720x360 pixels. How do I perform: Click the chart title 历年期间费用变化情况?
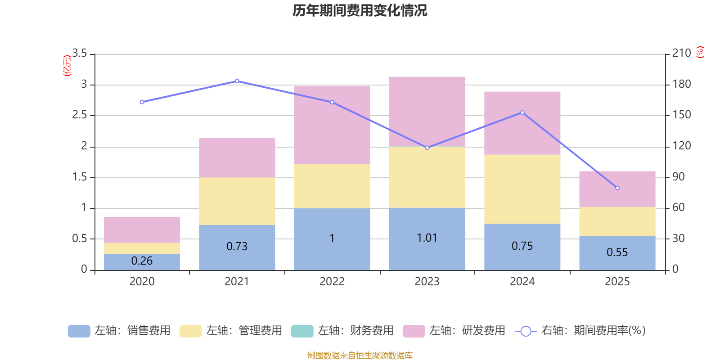360,10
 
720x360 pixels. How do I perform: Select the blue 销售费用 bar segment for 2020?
142,262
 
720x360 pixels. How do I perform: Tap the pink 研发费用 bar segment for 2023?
427,111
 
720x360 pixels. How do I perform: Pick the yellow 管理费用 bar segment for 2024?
522,189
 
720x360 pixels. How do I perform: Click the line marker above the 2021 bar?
237,81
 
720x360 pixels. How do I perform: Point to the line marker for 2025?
617,188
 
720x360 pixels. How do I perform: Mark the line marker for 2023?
427,148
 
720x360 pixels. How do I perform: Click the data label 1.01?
427,238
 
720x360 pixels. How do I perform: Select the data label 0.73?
237,247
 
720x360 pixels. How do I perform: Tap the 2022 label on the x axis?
332,282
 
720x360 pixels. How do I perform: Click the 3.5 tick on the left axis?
80,54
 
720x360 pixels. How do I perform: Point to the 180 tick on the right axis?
681,84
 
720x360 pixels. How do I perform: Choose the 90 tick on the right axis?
678,177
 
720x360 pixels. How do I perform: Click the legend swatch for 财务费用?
302,331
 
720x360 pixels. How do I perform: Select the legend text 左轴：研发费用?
467,331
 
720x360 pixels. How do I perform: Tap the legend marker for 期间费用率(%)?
525,331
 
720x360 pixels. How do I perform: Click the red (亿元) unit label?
67,66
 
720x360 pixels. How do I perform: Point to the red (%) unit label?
700,52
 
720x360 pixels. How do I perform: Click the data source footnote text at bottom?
360,355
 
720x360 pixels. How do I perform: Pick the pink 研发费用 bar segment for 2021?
237,157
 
